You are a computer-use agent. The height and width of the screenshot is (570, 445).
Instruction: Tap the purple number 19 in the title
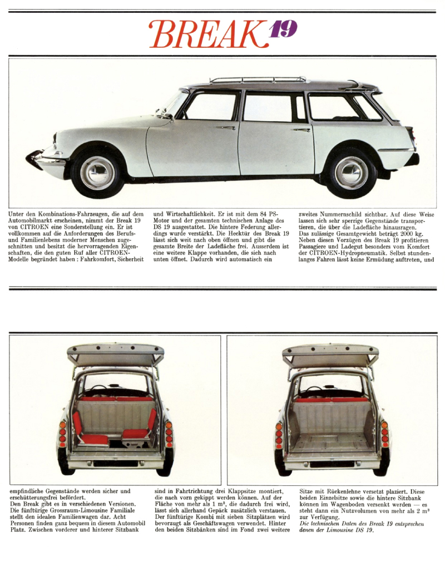coord(283,30)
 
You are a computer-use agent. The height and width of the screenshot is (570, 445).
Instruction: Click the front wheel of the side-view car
coord(97,172)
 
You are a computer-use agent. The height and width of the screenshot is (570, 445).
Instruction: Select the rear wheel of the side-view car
coord(352,173)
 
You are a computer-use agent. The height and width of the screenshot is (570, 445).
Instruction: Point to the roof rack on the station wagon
coord(259,80)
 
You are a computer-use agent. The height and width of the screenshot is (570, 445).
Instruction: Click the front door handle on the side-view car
coord(226,127)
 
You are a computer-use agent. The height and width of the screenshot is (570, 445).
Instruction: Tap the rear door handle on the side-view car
coord(301,130)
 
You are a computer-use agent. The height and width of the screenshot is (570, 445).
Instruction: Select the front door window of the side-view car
coord(211,106)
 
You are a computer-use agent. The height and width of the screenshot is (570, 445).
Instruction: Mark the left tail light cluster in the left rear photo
coord(63,434)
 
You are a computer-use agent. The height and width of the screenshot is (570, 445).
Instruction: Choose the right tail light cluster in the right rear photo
coord(383,434)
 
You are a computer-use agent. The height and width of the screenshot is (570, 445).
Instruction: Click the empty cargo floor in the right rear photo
coord(331,443)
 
